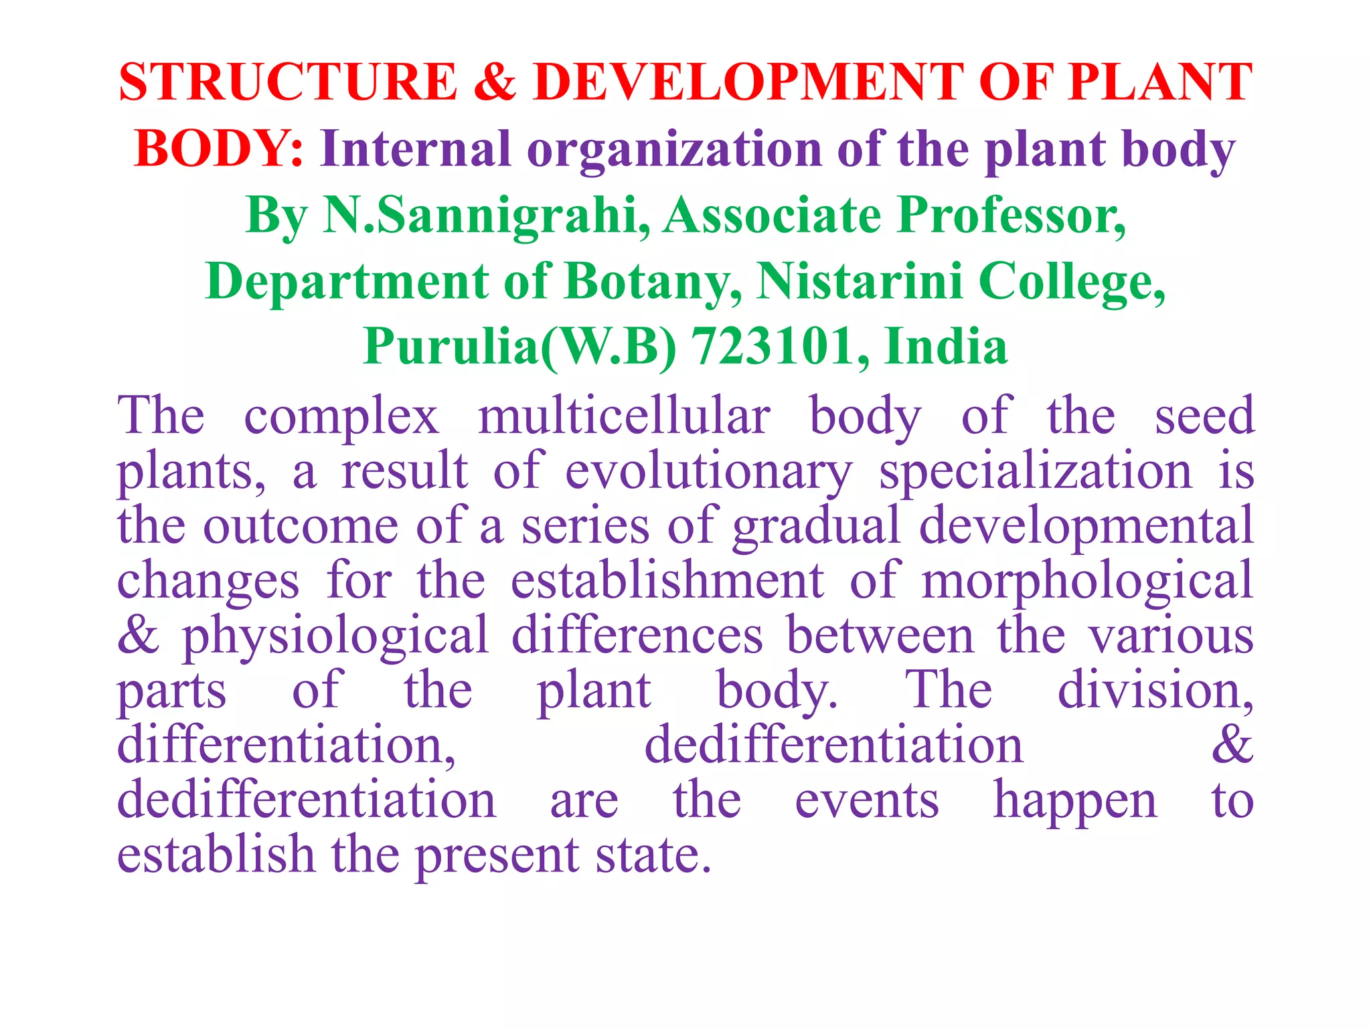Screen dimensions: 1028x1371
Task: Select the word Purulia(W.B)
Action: pos(519,347)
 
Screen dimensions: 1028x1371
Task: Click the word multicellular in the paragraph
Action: pos(623,416)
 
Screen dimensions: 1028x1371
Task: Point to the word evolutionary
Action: pos(708,472)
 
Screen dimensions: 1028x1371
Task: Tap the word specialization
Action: pos(1035,472)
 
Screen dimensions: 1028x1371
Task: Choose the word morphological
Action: pos(1087,582)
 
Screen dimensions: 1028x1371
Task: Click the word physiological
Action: pos(335,636)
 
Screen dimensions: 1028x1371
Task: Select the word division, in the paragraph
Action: pos(1155,691)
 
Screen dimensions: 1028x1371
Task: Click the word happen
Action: pos(1074,801)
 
